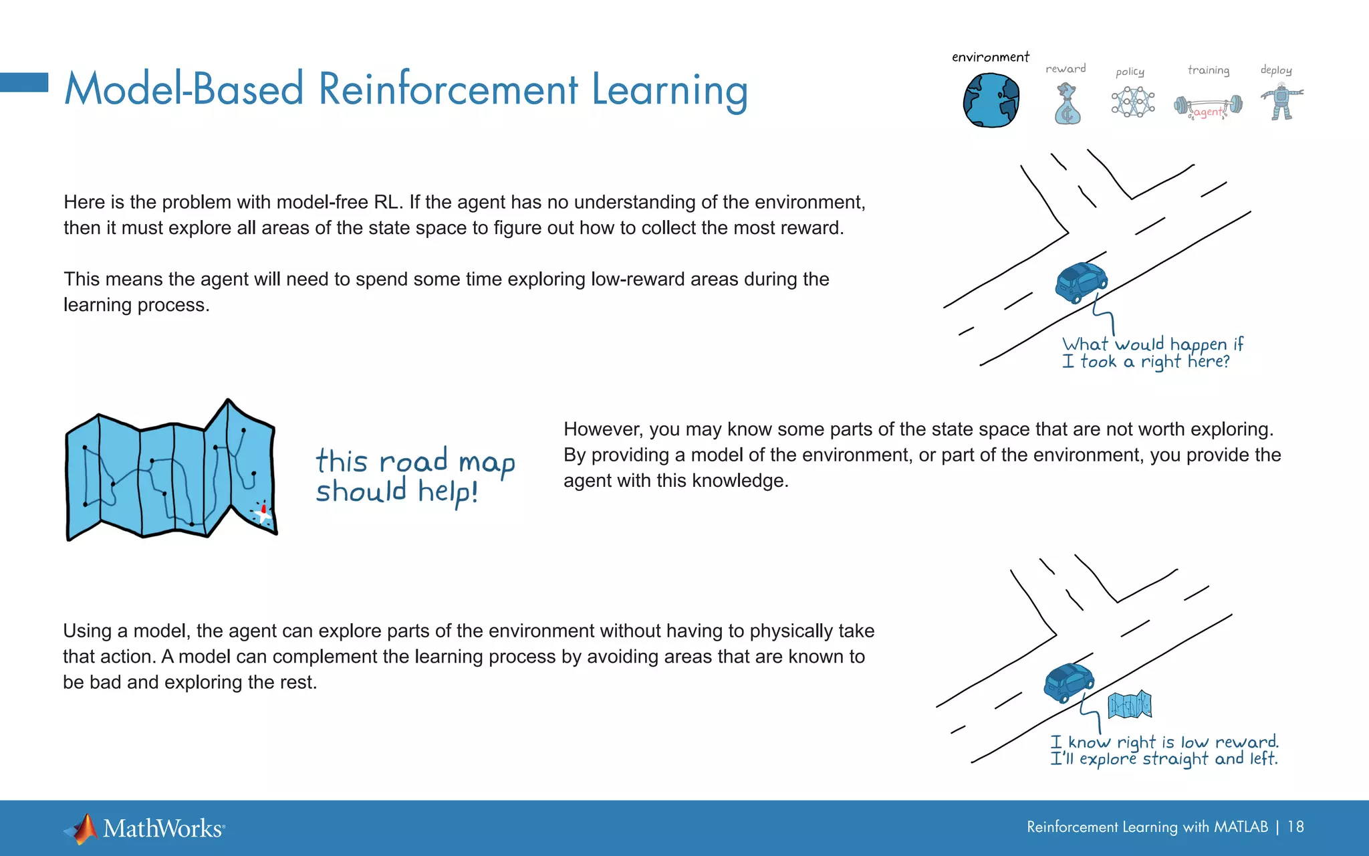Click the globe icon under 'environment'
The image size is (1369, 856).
tap(991, 100)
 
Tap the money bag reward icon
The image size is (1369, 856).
tap(1067, 104)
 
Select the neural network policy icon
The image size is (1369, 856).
tap(1132, 102)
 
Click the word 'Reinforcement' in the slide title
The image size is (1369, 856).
tap(448, 90)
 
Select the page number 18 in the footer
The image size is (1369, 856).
tap(1295, 827)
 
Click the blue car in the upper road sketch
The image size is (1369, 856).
tap(1080, 282)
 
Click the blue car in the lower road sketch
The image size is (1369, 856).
tap(1068, 682)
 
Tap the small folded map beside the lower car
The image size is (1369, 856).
tap(1129, 705)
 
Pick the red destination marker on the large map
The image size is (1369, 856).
tap(263, 511)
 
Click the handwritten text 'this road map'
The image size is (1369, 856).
tap(415, 461)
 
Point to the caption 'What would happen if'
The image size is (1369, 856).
tap(1152, 344)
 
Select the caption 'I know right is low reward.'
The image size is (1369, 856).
tap(1164, 742)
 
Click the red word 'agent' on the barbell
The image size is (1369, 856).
tap(1208, 112)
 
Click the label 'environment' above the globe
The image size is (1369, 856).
tap(990, 58)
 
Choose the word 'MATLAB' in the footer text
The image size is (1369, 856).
tap(1241, 827)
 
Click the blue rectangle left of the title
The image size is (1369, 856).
tap(24, 82)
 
